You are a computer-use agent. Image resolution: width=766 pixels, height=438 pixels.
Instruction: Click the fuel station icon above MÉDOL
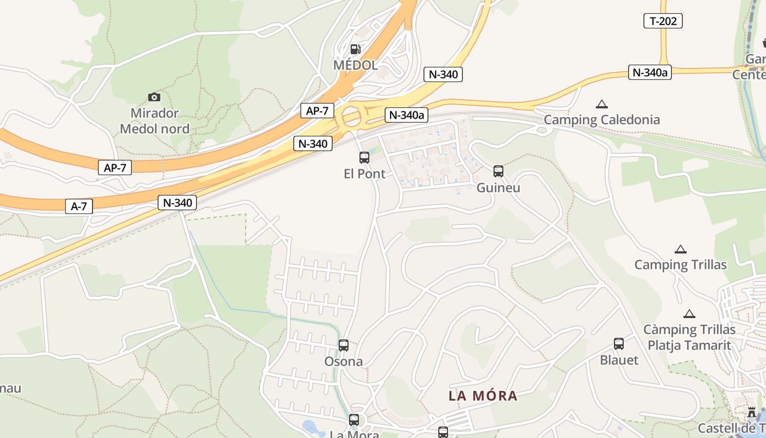(355, 49)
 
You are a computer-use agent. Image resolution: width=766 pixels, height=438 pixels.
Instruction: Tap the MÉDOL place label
(355, 65)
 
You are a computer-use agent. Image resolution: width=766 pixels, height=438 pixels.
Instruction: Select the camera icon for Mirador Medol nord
(154, 97)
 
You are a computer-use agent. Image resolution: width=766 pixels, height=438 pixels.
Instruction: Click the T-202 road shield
(663, 21)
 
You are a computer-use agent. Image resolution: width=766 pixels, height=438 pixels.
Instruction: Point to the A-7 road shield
(79, 206)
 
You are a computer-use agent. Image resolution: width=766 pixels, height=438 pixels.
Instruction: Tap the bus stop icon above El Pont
(364, 158)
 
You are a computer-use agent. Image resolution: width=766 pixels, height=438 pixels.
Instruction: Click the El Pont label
(364, 174)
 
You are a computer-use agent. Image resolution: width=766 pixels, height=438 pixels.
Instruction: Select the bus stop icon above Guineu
(498, 171)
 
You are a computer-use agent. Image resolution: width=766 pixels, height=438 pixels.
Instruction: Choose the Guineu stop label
(498, 188)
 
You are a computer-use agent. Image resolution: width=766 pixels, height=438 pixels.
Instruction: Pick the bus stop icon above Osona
(343, 345)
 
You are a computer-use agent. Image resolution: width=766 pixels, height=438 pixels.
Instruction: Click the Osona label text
(343, 361)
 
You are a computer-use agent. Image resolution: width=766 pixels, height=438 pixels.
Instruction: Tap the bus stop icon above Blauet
(618, 344)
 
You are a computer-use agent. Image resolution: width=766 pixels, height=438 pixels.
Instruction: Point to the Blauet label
(619, 360)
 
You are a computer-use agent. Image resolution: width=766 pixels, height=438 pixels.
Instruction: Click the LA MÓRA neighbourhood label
(483, 395)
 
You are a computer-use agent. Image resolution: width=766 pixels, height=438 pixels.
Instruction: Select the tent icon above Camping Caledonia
(602, 104)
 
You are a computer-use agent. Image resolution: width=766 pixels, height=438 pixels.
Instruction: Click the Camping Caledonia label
(602, 119)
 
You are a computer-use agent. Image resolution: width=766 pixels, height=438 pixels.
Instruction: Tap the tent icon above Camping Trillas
(680, 249)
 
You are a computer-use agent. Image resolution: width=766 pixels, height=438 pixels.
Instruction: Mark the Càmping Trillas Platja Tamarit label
(689, 337)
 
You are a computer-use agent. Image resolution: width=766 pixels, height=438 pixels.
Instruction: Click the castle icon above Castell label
(752, 412)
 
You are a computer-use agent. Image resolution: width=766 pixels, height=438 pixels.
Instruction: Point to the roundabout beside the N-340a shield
(351, 117)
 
